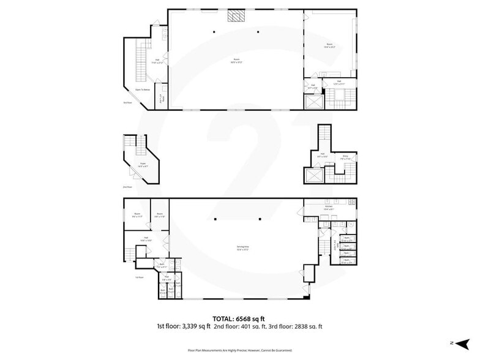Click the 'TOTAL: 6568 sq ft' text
click(x=239, y=318)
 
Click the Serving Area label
click(x=243, y=248)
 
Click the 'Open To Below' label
click(x=142, y=90)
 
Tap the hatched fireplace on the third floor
click(x=236, y=15)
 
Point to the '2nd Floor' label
click(x=127, y=187)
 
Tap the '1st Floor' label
click(x=140, y=277)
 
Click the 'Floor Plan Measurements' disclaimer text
click(x=239, y=351)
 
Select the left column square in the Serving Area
click(x=215, y=219)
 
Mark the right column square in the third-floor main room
click(x=259, y=32)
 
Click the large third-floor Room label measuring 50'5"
click(x=236, y=61)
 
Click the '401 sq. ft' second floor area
click(x=255, y=326)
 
